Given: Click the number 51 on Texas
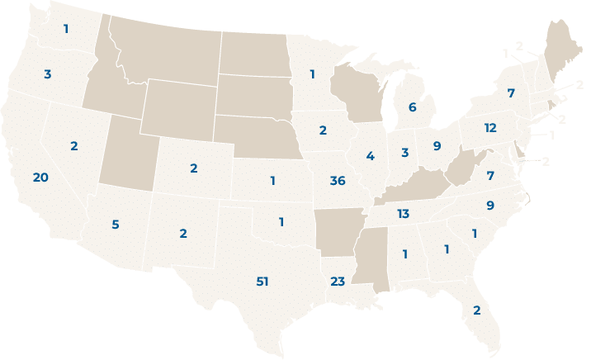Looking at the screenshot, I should [x=262, y=282].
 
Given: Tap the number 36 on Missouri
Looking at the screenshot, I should [x=337, y=181].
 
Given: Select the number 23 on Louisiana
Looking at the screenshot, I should [x=337, y=281].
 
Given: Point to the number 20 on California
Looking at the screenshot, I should [x=40, y=178].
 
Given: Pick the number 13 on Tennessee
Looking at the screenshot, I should [x=403, y=214].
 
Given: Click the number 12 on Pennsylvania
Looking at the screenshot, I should [x=490, y=128].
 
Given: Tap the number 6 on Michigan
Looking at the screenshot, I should [x=411, y=107].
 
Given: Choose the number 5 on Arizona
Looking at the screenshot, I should [x=115, y=224].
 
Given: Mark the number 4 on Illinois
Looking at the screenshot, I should [x=371, y=156].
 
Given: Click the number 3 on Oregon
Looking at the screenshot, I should [x=47, y=74].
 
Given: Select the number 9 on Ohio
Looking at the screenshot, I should [x=437, y=146].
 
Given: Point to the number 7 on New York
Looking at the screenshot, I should [x=511, y=93].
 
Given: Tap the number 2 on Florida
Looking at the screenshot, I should [x=476, y=310].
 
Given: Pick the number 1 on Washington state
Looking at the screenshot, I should [x=66, y=29].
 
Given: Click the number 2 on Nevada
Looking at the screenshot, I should [x=73, y=145].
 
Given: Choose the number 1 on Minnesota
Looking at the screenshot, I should [x=312, y=74].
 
